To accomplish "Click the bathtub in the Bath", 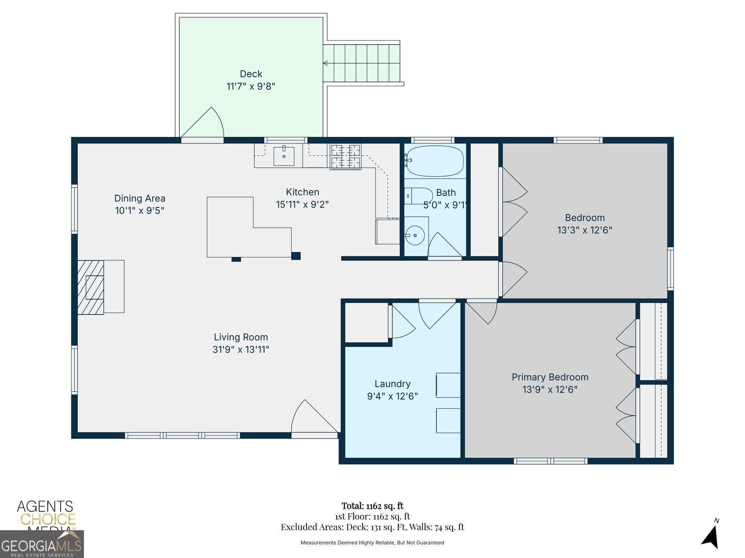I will point(435,161).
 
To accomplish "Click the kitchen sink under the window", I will point(284,156).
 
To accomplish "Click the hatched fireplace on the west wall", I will point(91,287).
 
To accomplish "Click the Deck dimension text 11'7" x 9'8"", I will point(251,86).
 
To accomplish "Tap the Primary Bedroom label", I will point(550,377).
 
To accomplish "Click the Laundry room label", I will point(392,383).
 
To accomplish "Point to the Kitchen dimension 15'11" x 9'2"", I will point(302,204).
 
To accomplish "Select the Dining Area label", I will point(140,198).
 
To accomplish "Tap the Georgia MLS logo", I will point(42,545).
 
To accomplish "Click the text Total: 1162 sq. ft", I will point(372,506).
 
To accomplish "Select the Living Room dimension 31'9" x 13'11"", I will point(241,350).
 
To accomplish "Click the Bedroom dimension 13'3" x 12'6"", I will point(585,230).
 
